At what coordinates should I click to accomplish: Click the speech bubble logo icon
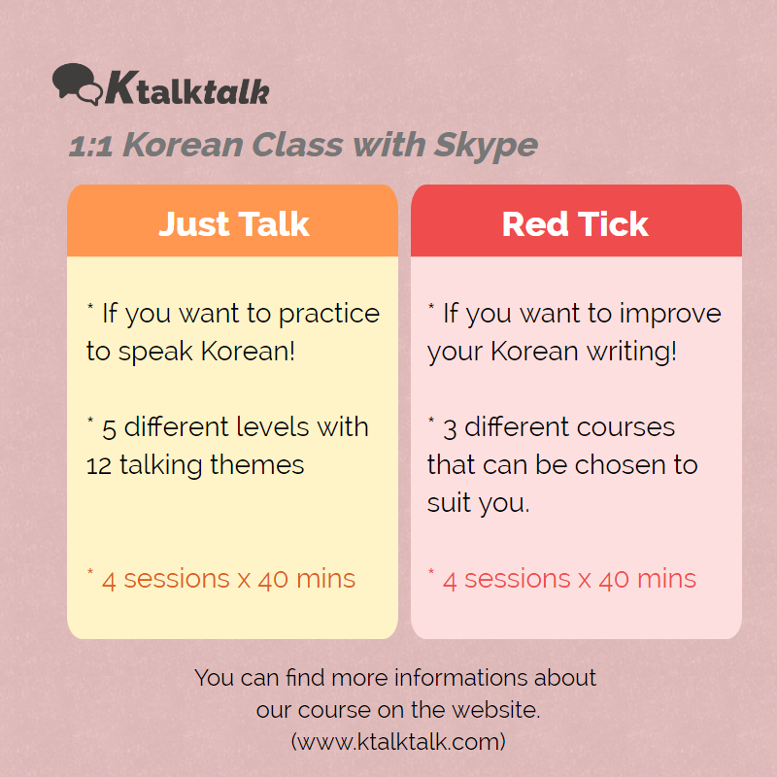78,84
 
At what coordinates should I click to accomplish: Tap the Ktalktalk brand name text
186,88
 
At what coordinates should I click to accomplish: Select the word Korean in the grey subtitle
183,145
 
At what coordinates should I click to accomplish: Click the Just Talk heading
233,224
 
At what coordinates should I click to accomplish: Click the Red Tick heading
575,224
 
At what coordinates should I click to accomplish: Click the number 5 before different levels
109,429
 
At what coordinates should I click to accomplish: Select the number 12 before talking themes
99,466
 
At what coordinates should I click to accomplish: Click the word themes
256,465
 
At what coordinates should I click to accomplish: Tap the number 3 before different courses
450,429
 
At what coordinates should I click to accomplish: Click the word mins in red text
666,579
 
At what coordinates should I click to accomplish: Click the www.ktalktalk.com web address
398,742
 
